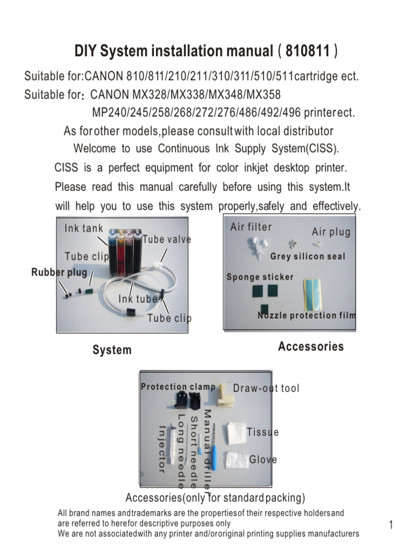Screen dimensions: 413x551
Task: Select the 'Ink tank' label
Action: (x=84, y=228)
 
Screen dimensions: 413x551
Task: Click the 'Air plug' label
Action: (x=331, y=232)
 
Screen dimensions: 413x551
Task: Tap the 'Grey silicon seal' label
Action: (x=308, y=257)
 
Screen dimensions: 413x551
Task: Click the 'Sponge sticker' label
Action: (x=260, y=277)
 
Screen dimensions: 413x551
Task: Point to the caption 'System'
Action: (x=112, y=350)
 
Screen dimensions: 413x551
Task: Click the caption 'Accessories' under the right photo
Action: (x=311, y=347)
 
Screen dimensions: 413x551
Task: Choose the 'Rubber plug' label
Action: (x=59, y=272)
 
